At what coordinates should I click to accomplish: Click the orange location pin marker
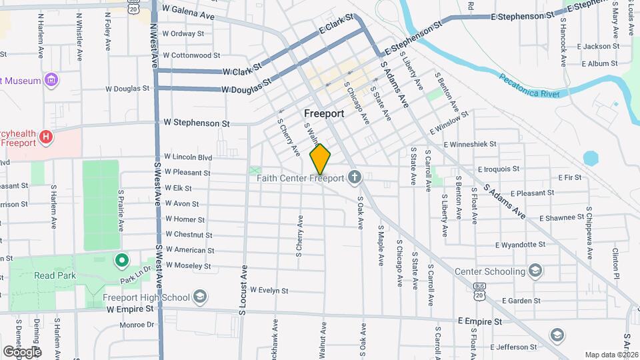(320, 159)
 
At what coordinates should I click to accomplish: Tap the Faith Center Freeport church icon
(355, 177)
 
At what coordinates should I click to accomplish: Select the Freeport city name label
(324, 113)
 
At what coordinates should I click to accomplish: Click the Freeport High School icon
(200, 297)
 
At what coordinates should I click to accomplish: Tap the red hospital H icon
(45, 137)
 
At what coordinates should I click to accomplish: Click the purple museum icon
(51, 81)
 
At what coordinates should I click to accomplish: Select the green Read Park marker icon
(121, 261)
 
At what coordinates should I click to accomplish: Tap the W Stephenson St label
(197, 123)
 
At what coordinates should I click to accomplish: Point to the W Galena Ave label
(189, 13)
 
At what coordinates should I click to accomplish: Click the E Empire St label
(480, 321)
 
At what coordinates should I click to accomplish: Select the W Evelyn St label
(269, 291)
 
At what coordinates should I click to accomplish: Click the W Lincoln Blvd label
(188, 157)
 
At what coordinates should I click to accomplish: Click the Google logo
(22, 351)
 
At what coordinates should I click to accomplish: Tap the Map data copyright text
(610, 355)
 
